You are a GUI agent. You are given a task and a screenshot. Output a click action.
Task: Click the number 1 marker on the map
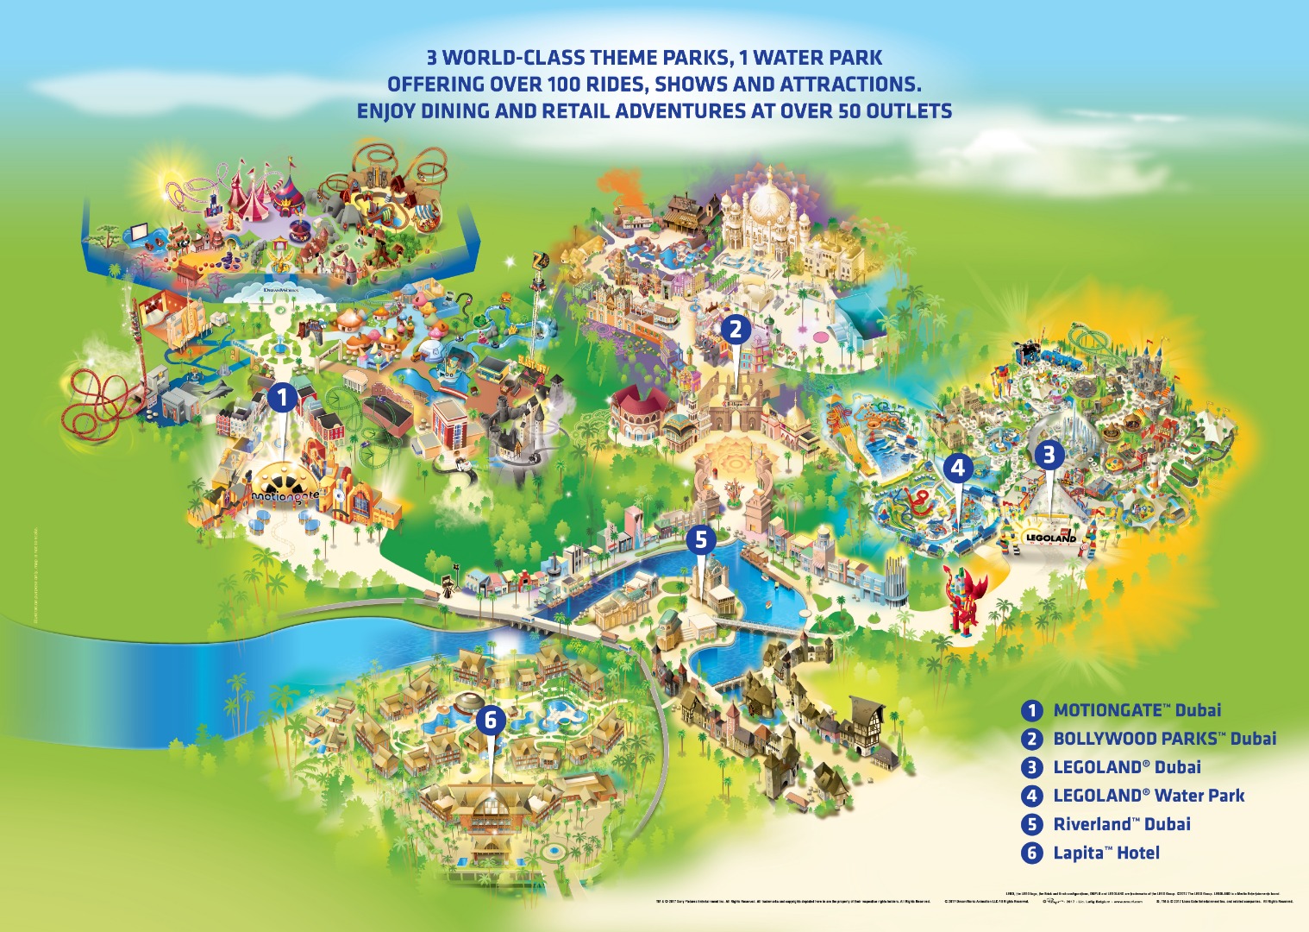(282, 398)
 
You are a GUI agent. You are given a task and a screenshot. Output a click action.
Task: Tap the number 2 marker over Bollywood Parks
(736, 329)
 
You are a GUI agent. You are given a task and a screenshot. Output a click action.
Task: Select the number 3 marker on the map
(1049, 455)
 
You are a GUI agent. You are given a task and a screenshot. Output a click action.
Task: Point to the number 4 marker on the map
(958, 469)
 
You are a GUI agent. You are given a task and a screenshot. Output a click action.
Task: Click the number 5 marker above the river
(701, 540)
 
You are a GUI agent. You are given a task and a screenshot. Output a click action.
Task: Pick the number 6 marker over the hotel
(491, 719)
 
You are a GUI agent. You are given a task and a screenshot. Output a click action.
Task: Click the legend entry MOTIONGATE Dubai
(1137, 710)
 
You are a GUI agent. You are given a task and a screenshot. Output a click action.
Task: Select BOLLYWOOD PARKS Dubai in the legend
(1164, 739)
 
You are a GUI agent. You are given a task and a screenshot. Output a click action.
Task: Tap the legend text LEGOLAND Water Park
(1149, 796)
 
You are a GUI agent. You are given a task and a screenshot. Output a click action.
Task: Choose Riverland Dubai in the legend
(1121, 824)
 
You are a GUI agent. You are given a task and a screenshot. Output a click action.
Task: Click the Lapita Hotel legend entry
(1105, 853)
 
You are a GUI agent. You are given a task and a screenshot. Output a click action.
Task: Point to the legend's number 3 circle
(1031, 767)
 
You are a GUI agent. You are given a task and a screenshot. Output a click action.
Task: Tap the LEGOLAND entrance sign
(1050, 537)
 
